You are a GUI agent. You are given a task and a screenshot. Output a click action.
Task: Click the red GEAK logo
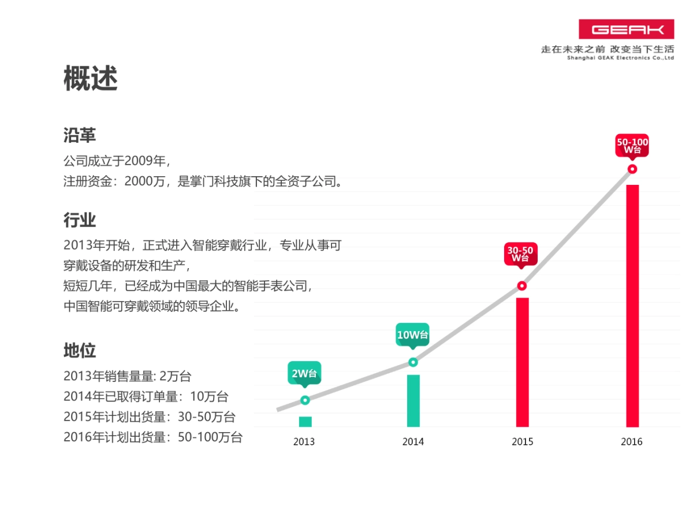point(626,29)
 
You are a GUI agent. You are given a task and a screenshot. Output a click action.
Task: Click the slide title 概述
point(91,79)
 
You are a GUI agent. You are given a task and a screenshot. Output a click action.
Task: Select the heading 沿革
point(80,135)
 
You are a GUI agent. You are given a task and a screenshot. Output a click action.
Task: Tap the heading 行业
point(80,220)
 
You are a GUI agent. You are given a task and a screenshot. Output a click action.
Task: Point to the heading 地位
point(80,350)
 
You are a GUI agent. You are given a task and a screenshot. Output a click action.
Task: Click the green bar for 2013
point(305,422)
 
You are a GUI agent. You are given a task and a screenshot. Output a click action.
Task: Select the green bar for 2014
point(413,400)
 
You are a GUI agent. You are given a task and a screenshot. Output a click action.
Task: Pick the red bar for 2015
point(522,362)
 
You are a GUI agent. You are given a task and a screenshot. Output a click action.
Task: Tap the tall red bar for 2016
point(632,306)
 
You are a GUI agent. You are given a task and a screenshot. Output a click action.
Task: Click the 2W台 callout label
point(304,373)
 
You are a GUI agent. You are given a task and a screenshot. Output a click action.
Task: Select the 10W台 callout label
point(412,335)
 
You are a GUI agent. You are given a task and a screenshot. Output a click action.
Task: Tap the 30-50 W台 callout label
point(520,254)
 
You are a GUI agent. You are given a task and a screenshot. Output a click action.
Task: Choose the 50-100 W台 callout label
point(632,146)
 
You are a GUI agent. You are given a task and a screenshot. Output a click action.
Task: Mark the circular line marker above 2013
point(305,400)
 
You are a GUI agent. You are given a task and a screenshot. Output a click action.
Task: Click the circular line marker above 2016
point(632,169)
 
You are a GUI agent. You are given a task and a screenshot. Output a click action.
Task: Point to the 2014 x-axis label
point(413,442)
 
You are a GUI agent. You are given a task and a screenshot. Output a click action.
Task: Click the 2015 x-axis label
point(522,442)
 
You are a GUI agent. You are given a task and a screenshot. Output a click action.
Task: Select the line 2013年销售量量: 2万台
point(127,376)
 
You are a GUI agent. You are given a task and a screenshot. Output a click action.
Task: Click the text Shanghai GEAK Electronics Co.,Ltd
point(620,58)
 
